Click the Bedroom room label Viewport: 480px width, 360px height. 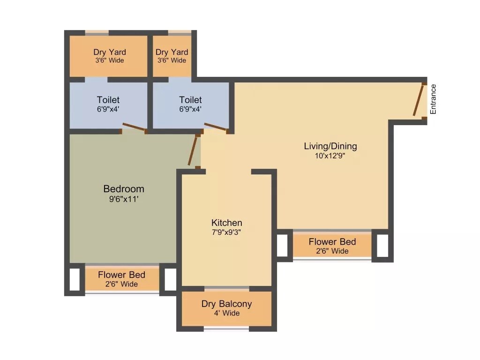124,189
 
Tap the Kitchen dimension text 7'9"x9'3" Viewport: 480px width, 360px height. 226,232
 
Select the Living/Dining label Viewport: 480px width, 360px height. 330,146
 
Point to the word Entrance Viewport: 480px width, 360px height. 433,99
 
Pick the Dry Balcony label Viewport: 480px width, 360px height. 226,304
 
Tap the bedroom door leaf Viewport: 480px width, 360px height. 193,150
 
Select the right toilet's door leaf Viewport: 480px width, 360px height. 215,127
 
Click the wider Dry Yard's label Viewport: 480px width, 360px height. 109,52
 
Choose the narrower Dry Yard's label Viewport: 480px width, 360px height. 172,52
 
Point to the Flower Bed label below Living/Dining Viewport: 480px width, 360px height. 332,242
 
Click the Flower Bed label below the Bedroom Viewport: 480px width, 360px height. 121,275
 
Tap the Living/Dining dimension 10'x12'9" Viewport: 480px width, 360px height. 330,156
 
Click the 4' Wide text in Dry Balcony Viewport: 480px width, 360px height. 226,313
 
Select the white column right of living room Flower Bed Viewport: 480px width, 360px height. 382,246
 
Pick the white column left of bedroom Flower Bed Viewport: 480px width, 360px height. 75,279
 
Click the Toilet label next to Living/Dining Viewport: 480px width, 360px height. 190,100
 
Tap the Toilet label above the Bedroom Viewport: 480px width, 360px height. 108,100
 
